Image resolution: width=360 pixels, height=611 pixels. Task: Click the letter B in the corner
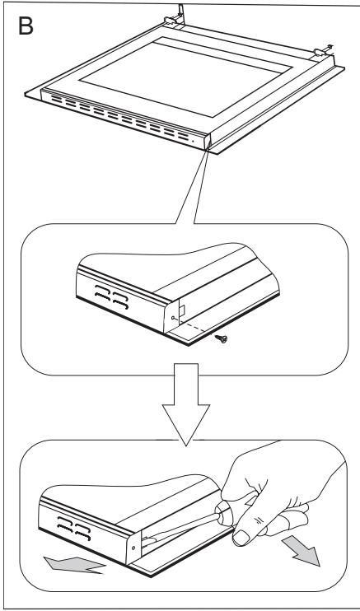(x=26, y=26)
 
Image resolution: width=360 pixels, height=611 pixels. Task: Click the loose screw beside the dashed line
(x=221, y=338)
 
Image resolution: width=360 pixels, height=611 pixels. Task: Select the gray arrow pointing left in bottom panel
(x=74, y=565)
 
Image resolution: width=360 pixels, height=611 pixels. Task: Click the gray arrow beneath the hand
(x=302, y=549)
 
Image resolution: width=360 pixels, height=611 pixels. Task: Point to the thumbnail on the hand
(x=241, y=538)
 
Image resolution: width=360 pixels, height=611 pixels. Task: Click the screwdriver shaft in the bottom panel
(x=180, y=527)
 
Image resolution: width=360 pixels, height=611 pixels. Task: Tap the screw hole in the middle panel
(x=173, y=318)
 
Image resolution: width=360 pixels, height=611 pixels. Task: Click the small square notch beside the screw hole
(x=182, y=310)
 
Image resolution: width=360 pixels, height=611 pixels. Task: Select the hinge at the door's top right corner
(x=322, y=51)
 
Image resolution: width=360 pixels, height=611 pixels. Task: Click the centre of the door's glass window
(x=186, y=77)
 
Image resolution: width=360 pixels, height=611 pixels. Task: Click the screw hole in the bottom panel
(x=133, y=548)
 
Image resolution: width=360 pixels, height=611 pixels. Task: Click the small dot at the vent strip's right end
(x=193, y=141)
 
